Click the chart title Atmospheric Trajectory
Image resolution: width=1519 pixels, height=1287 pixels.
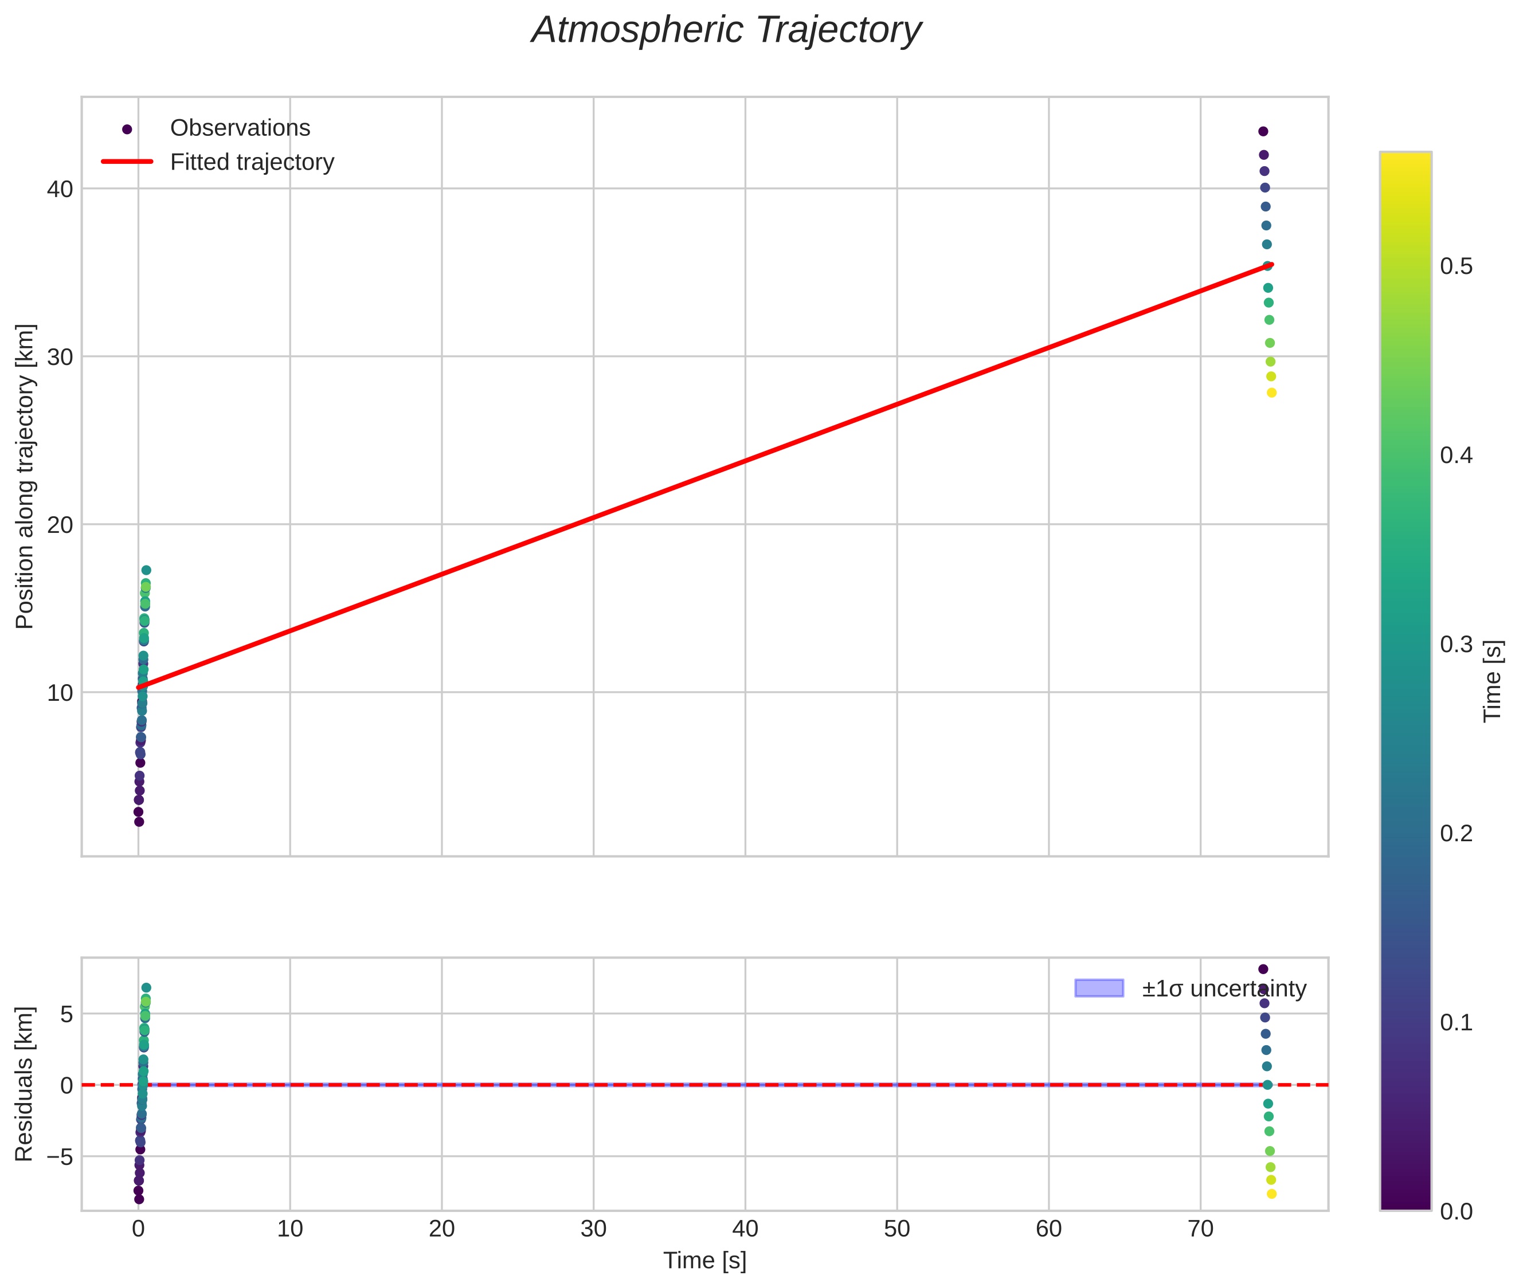(x=726, y=30)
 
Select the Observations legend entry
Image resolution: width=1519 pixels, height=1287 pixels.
(x=240, y=128)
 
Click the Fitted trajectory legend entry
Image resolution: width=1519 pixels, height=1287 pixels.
(x=252, y=162)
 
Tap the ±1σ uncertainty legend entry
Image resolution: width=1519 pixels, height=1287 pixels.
(x=1223, y=988)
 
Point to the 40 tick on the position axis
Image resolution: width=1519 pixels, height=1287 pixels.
(x=60, y=189)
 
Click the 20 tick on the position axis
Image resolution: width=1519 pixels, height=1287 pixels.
(x=60, y=524)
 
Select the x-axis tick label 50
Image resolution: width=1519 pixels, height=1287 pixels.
(x=896, y=1229)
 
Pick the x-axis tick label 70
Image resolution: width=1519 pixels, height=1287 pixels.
(x=1200, y=1229)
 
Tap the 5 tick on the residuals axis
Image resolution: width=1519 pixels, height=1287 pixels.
(x=66, y=1014)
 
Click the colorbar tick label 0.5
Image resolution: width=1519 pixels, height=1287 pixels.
(x=1455, y=266)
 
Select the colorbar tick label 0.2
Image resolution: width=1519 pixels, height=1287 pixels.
(x=1455, y=833)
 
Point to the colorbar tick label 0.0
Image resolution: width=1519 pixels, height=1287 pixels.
(x=1455, y=1211)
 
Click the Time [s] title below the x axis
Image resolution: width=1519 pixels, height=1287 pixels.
(x=704, y=1261)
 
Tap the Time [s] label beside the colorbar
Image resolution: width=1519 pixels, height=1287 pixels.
(x=1493, y=681)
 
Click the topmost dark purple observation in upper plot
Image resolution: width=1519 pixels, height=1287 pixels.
(x=1263, y=131)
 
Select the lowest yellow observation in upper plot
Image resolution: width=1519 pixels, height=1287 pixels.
(x=1271, y=393)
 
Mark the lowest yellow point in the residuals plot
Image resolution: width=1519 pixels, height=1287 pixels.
(x=1271, y=1194)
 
